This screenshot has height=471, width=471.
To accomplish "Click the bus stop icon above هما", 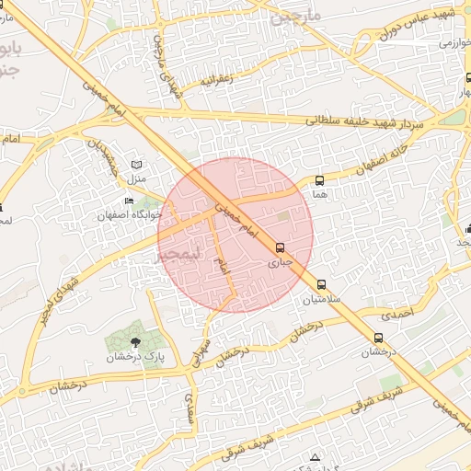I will coord(320,181).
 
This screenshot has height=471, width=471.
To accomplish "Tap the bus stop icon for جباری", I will coord(280,247).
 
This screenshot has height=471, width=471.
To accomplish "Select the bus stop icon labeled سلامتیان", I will coord(321,285).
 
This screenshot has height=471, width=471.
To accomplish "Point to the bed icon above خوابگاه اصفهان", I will coord(130,201).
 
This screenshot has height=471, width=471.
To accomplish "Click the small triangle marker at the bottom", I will coord(316,457).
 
